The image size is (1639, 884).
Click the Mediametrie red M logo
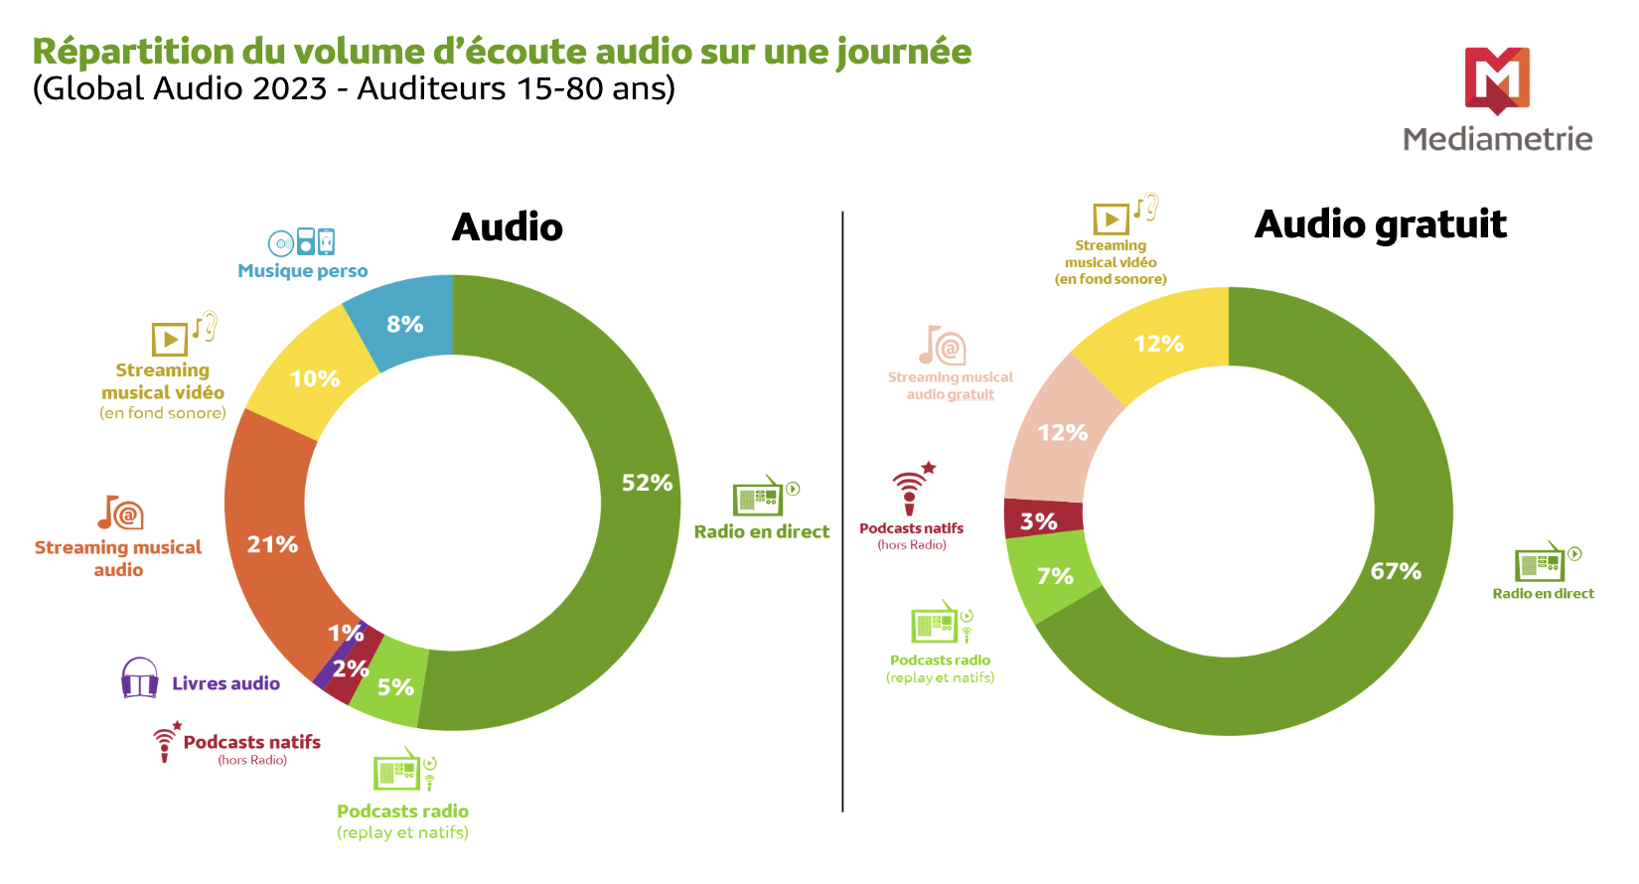click(x=1497, y=79)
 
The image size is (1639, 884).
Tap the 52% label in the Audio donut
click(x=647, y=483)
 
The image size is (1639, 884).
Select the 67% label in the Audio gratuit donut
click(x=1396, y=571)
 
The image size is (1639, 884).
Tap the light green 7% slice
click(x=1055, y=576)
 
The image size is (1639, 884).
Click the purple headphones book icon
click(x=140, y=678)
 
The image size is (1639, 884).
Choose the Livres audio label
click(x=225, y=683)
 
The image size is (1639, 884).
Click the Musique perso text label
click(x=302, y=271)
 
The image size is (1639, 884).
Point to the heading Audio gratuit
click(x=1380, y=224)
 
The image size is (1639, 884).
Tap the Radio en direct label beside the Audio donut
click(x=761, y=531)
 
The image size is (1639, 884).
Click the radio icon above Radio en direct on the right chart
click(x=1541, y=562)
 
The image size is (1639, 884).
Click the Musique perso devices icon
click(x=301, y=242)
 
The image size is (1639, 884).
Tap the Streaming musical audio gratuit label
click(x=950, y=385)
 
